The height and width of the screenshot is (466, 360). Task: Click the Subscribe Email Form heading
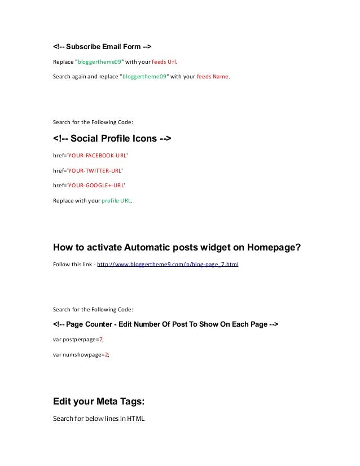102,46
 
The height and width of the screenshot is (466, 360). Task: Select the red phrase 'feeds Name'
213,77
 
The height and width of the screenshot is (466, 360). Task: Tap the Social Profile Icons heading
112,139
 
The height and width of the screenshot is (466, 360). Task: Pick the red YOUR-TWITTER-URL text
95,169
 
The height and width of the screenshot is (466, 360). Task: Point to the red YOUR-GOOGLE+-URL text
96,184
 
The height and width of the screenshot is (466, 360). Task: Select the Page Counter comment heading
165,324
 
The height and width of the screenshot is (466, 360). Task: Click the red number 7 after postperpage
100,340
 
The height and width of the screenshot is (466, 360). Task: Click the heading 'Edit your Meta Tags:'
99,402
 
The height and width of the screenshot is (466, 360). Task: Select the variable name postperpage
79,340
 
